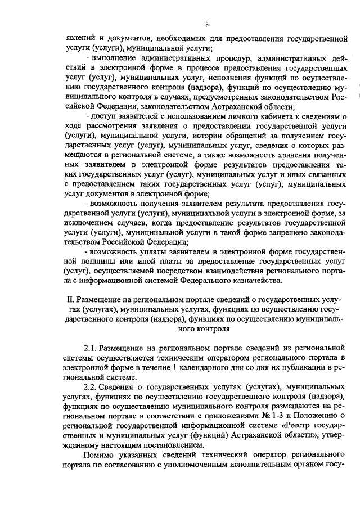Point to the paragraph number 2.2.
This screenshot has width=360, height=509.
tap(92, 388)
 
